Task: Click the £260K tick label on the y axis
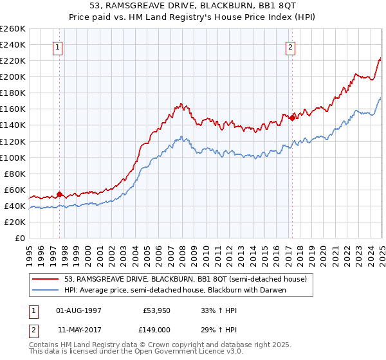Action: point(13,29)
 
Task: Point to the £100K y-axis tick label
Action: point(13,157)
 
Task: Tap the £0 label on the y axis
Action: point(20,239)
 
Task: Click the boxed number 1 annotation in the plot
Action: point(58,46)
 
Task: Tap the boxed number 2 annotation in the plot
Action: point(291,46)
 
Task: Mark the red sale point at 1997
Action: point(59,194)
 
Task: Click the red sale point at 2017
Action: point(292,118)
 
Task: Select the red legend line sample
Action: point(46,279)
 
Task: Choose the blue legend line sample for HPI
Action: point(46,289)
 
